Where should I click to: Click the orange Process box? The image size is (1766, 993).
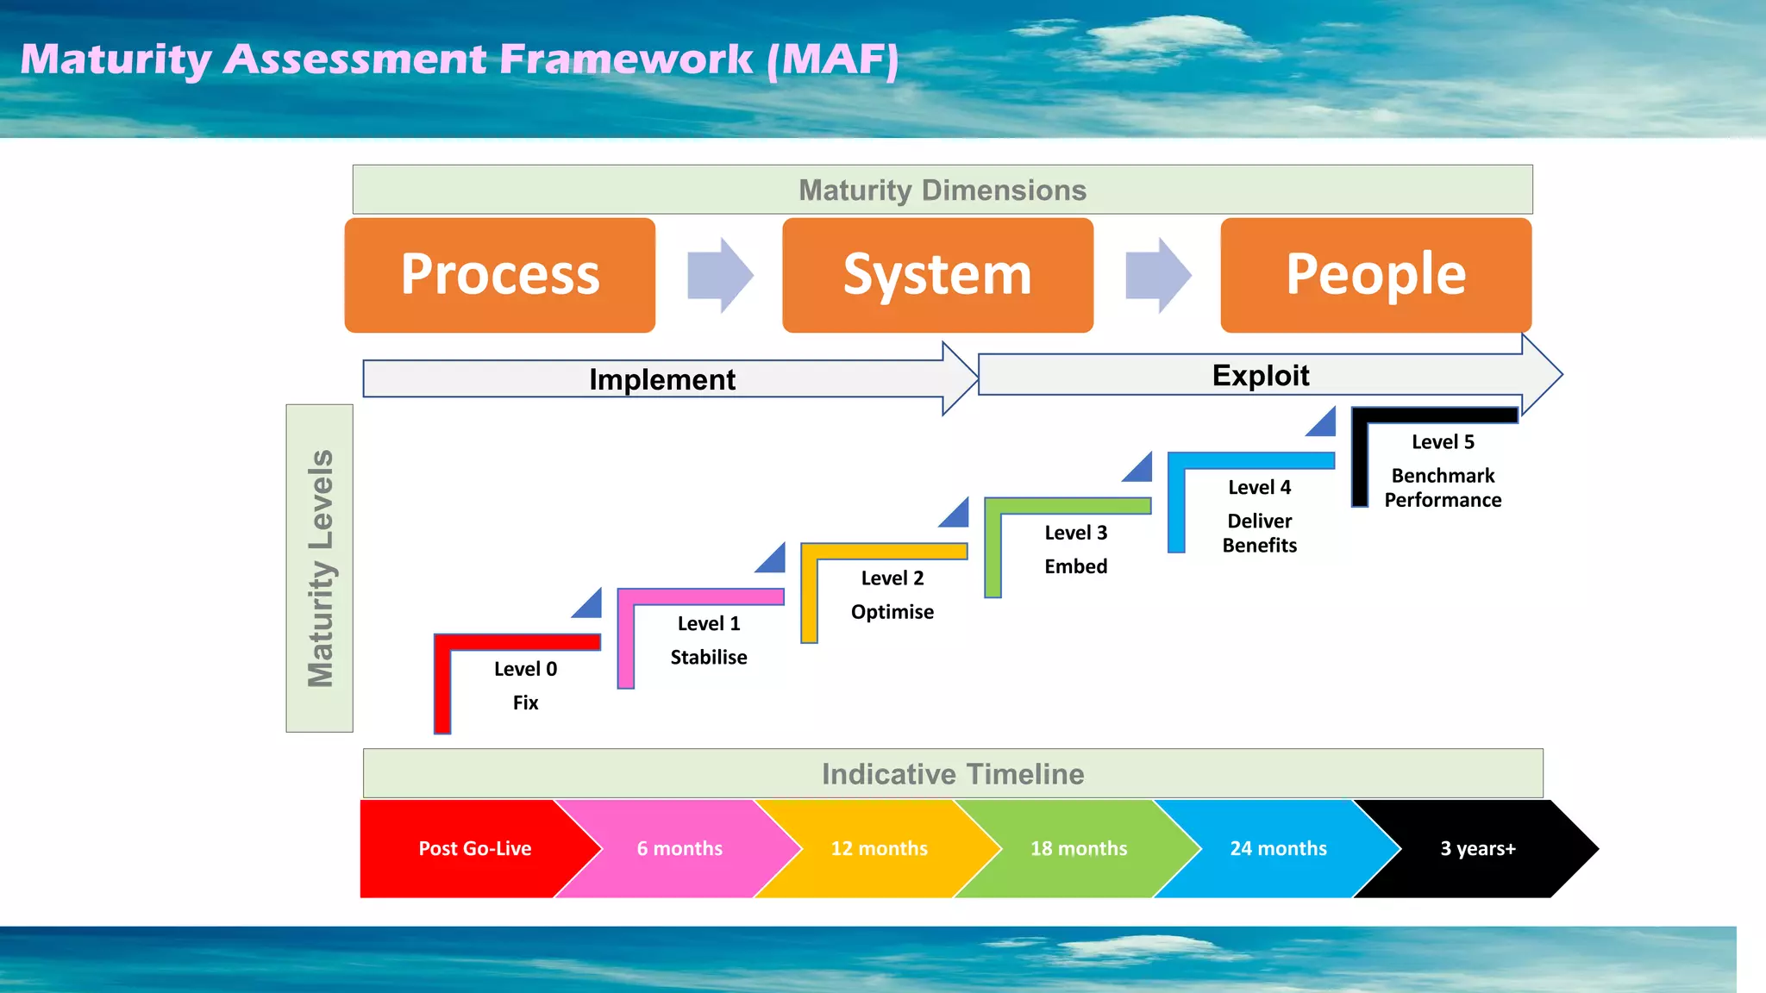click(x=500, y=275)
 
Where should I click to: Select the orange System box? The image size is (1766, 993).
click(x=937, y=275)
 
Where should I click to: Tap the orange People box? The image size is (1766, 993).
click(x=1375, y=275)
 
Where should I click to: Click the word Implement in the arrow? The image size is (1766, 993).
click(x=661, y=379)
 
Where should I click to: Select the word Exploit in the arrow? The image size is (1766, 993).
click(x=1260, y=375)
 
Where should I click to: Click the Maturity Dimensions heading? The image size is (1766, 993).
click(x=942, y=190)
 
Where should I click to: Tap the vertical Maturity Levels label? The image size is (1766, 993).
click(x=320, y=568)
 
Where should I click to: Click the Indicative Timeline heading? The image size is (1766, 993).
click(x=952, y=774)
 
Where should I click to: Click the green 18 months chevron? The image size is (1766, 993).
click(x=1078, y=848)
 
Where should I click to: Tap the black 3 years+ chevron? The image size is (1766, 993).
click(x=1477, y=848)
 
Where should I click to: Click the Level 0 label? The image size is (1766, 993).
click(x=525, y=669)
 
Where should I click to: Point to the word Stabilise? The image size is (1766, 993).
click(x=709, y=657)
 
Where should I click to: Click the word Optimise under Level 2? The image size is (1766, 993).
click(x=892, y=611)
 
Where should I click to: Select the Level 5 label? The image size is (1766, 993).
click(x=1443, y=442)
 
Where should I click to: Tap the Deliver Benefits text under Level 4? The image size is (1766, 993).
click(x=1259, y=533)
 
